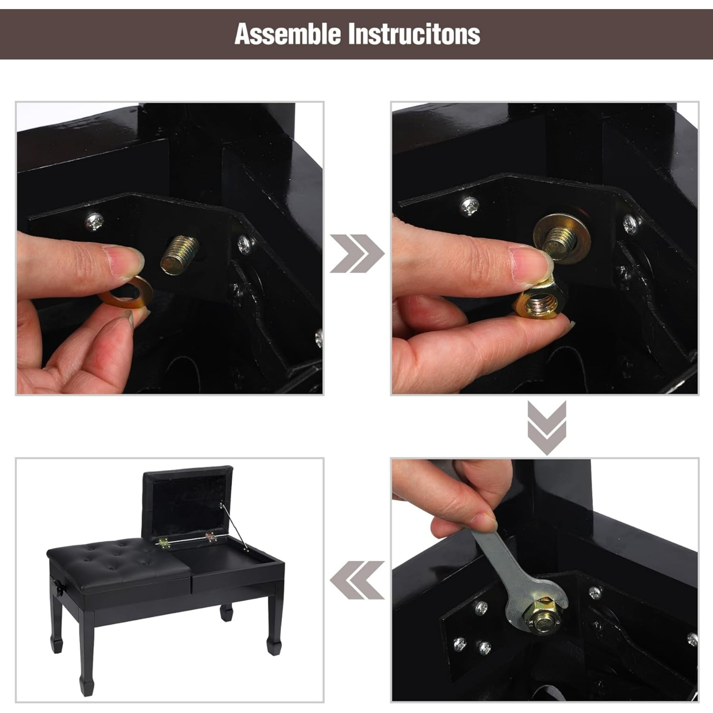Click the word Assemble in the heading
(287, 34)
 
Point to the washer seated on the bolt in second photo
(562, 238)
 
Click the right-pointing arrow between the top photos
(357, 253)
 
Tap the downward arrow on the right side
(546, 428)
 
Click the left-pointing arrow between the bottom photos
(357, 580)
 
